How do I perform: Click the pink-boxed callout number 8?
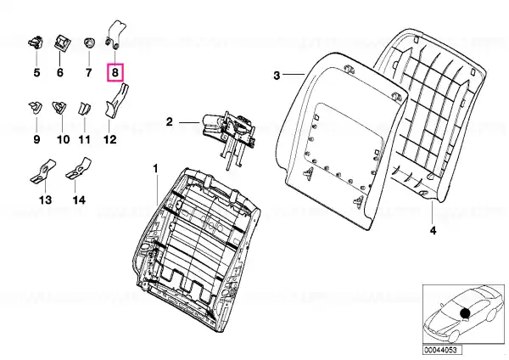tap(115, 72)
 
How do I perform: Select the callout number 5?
tap(36, 72)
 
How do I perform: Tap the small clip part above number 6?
tap(60, 42)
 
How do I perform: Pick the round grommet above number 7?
tap(88, 43)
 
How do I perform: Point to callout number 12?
tap(109, 140)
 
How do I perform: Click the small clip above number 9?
tap(36, 108)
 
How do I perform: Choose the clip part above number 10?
tap(59, 108)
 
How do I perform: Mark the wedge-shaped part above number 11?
tap(84, 109)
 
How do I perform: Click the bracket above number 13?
tap(43, 171)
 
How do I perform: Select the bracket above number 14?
tap(79, 169)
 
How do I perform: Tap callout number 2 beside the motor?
tap(170, 122)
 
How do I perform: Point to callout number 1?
tap(156, 169)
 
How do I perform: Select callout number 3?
tap(277, 76)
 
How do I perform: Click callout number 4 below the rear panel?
tap(433, 230)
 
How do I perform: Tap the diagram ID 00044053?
tap(440, 350)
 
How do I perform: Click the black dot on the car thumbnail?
tap(465, 312)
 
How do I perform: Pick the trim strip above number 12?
tap(115, 101)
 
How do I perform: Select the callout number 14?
tap(79, 200)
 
